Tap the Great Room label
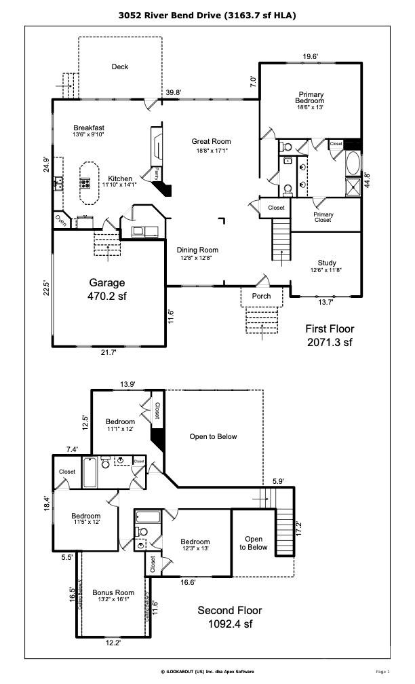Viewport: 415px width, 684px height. pyautogui.click(x=211, y=146)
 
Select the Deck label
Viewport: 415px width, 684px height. pyautogui.click(x=120, y=66)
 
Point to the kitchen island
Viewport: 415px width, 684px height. pyautogui.click(x=87, y=182)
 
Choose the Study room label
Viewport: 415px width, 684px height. pyautogui.click(x=327, y=267)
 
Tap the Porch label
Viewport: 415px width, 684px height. pyautogui.click(x=261, y=296)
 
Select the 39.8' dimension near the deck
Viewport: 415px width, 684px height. pyautogui.click(x=173, y=93)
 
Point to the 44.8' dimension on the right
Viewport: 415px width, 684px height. pyautogui.click(x=367, y=179)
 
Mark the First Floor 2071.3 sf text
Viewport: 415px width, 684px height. pyautogui.click(x=330, y=336)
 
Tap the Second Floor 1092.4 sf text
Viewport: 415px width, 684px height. pyautogui.click(x=229, y=617)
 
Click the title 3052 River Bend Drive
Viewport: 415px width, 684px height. pyautogui.click(x=207, y=14)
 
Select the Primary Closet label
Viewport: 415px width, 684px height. pyautogui.click(x=323, y=217)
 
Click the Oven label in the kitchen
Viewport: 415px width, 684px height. pyautogui.click(x=60, y=220)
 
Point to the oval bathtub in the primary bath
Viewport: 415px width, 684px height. pyautogui.click(x=353, y=164)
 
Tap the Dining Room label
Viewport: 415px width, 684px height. pyautogui.click(x=198, y=253)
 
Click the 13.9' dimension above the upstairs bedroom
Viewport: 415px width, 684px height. pyautogui.click(x=127, y=384)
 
